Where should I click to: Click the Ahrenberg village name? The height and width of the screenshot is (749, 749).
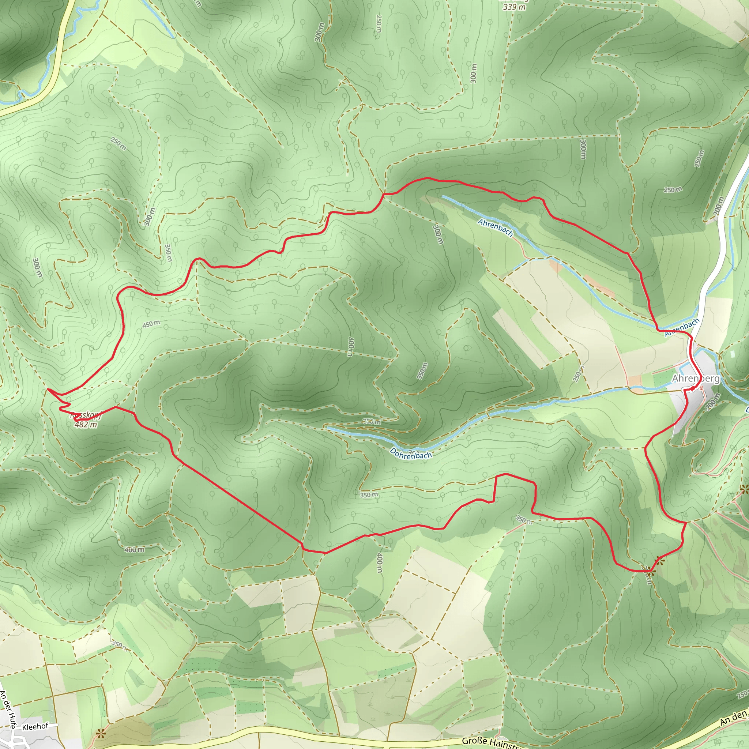click(x=696, y=379)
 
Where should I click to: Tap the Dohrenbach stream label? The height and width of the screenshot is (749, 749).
click(x=411, y=453)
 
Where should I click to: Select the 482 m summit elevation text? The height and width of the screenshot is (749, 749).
click(x=86, y=425)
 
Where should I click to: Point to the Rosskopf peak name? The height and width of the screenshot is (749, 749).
click(x=86, y=415)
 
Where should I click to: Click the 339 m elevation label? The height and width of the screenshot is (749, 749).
click(x=514, y=7)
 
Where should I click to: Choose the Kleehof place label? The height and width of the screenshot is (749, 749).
click(x=35, y=727)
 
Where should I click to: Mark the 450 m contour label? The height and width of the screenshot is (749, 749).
click(x=151, y=324)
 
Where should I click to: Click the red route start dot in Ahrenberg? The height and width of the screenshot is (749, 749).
click(x=692, y=388)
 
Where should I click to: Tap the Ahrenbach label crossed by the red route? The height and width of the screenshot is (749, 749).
click(x=682, y=327)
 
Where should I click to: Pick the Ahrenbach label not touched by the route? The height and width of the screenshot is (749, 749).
click(x=495, y=227)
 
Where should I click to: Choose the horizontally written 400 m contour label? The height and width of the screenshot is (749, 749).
click(x=135, y=550)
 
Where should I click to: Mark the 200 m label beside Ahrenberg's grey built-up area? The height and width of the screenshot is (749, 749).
click(x=712, y=402)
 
